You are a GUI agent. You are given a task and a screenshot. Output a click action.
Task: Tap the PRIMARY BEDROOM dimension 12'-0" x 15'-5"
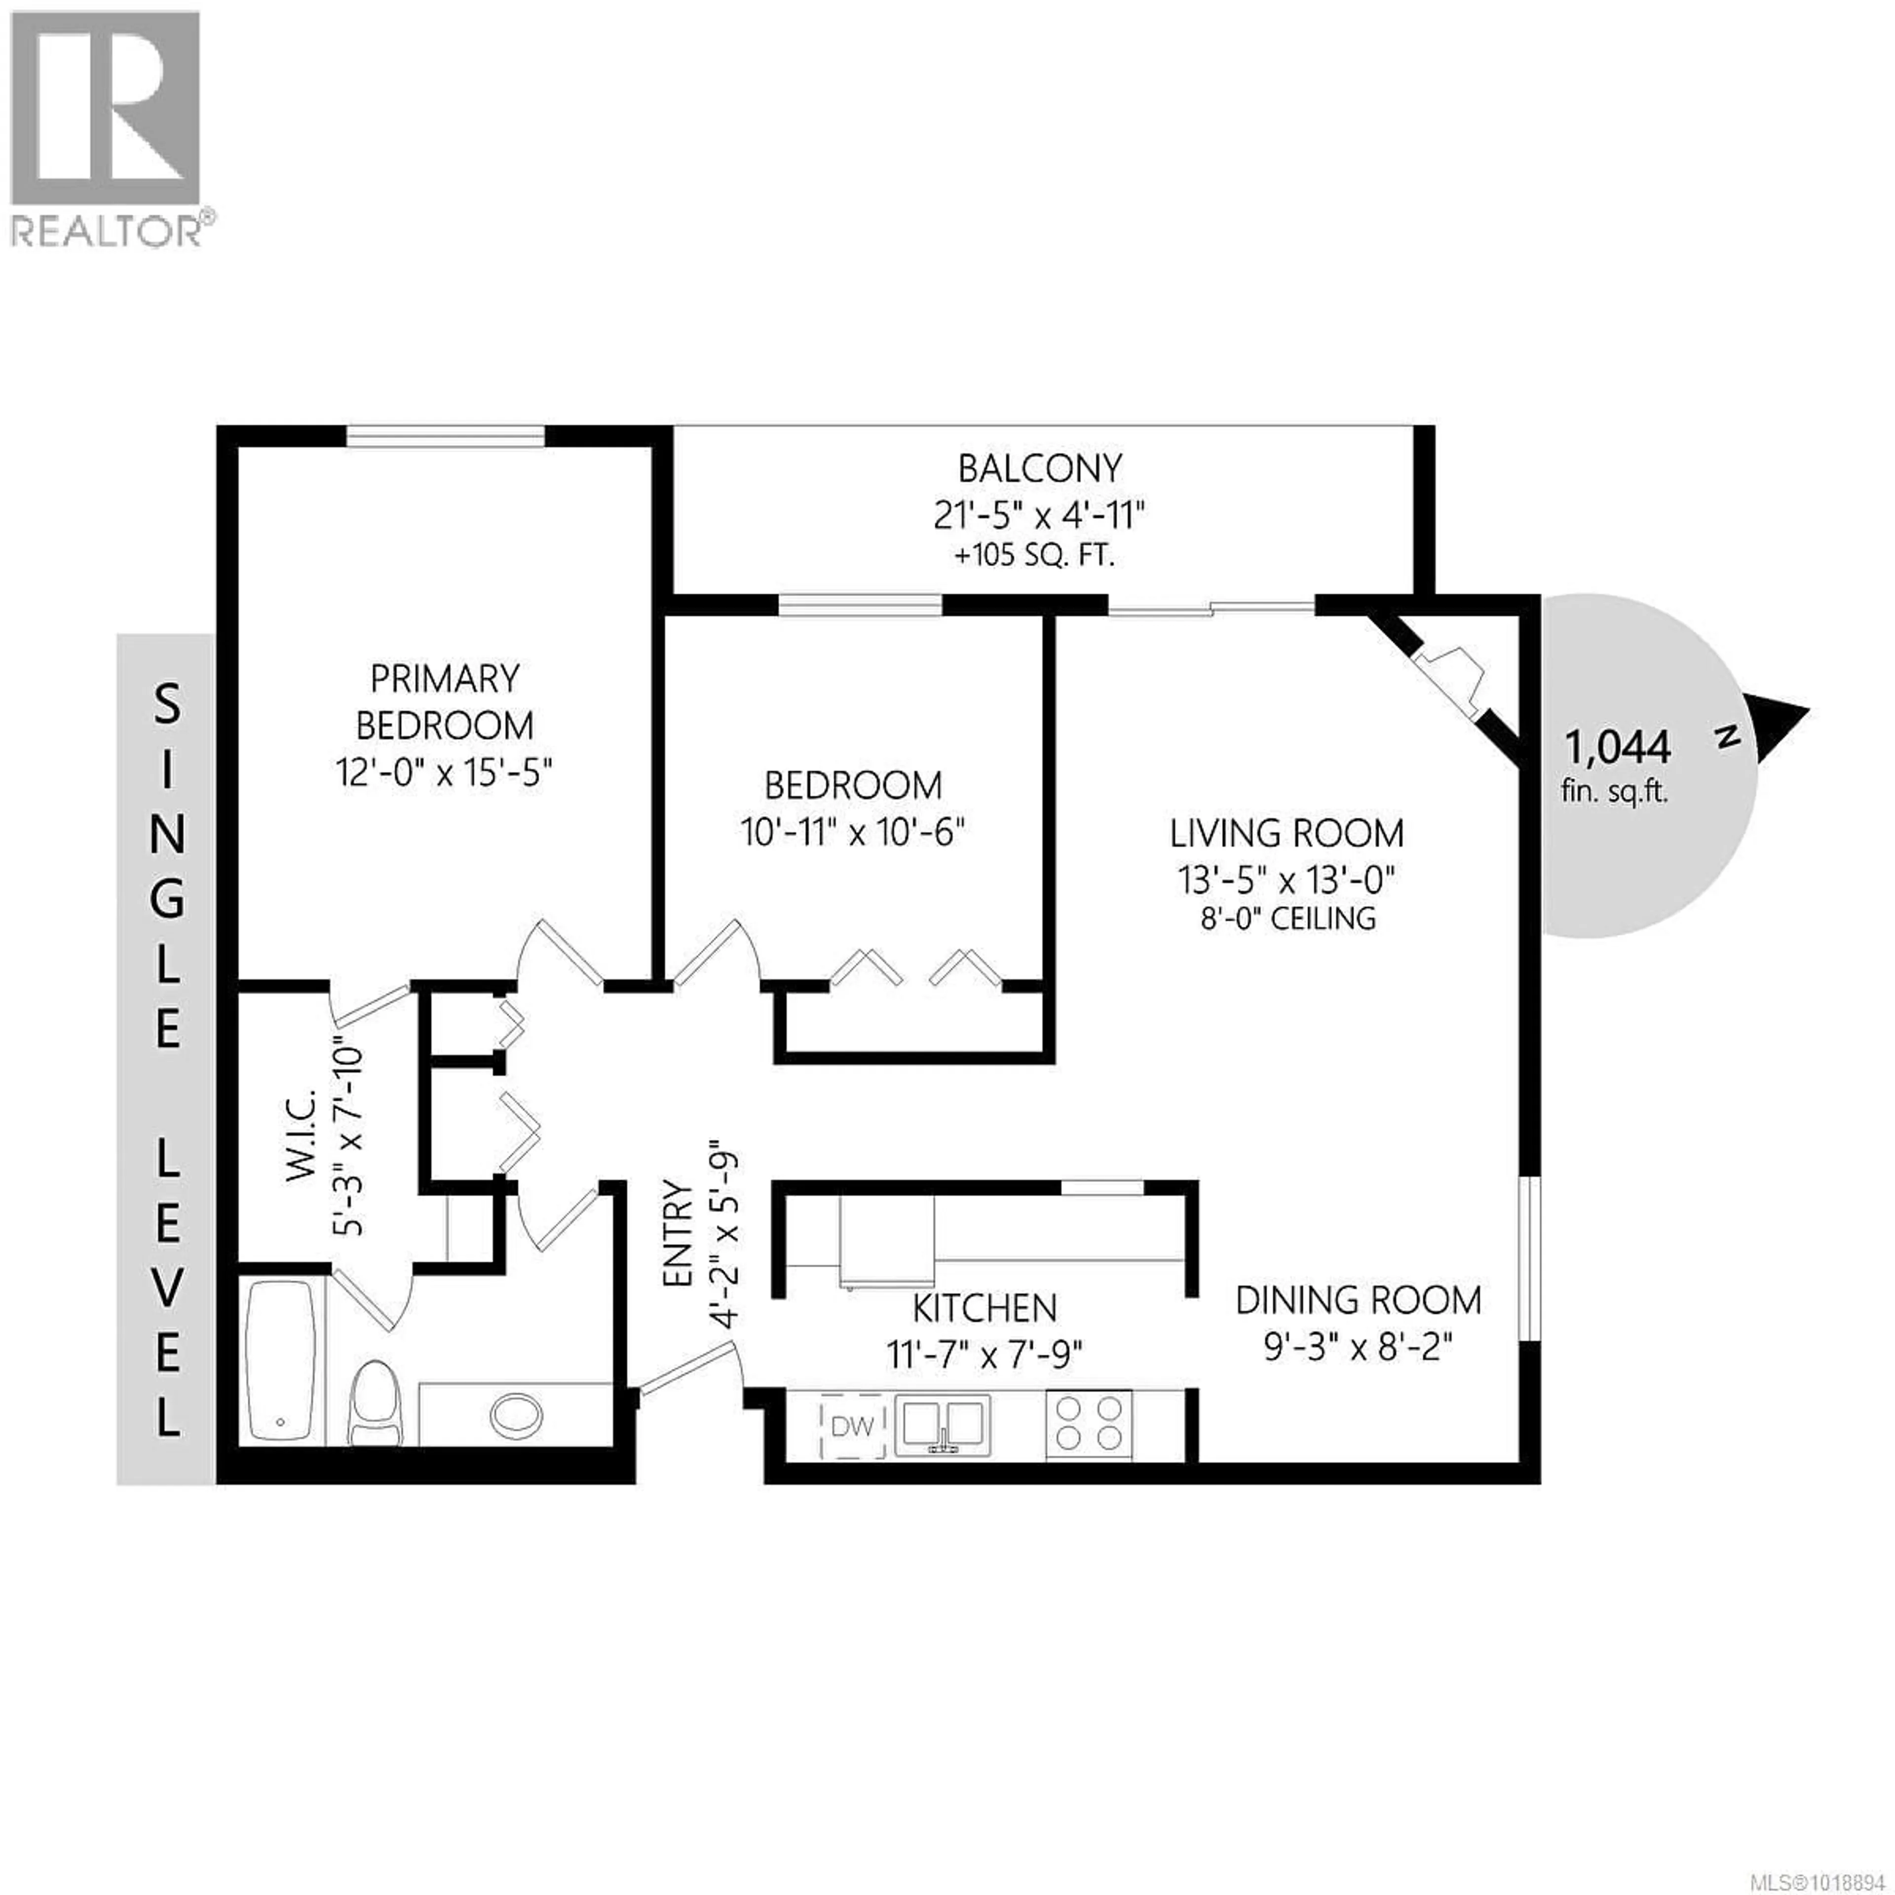click(x=444, y=773)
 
